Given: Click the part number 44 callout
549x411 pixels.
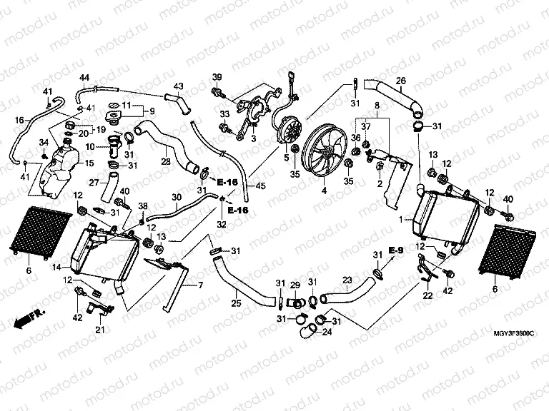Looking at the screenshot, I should click(x=84, y=77).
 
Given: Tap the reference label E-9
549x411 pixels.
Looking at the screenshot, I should click(x=396, y=249).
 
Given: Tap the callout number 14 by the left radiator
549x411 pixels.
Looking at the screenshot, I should click(x=56, y=267).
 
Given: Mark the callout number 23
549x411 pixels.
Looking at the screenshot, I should click(x=347, y=280).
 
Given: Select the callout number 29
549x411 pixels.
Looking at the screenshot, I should click(x=293, y=285).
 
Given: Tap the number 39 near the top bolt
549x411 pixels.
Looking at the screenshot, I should click(x=217, y=77).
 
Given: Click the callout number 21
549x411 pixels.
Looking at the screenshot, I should click(x=99, y=329).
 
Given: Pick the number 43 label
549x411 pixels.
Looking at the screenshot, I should click(x=179, y=86).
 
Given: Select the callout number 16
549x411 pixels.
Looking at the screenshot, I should click(x=19, y=120).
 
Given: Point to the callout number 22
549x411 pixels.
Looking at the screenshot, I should click(x=427, y=295).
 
